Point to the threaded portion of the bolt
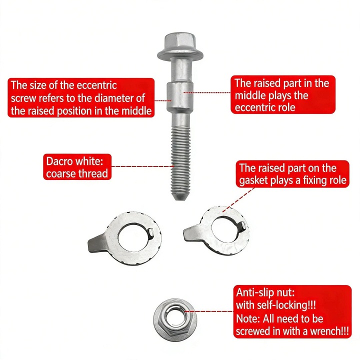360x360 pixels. [181, 160]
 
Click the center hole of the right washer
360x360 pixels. [227, 229]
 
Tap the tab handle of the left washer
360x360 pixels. [97, 243]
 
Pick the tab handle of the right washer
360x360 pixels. [192, 233]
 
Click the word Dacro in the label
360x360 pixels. [59, 161]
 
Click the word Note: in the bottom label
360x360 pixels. [248, 318]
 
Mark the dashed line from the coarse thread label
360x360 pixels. [142, 166]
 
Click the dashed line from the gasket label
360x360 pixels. [238, 199]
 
